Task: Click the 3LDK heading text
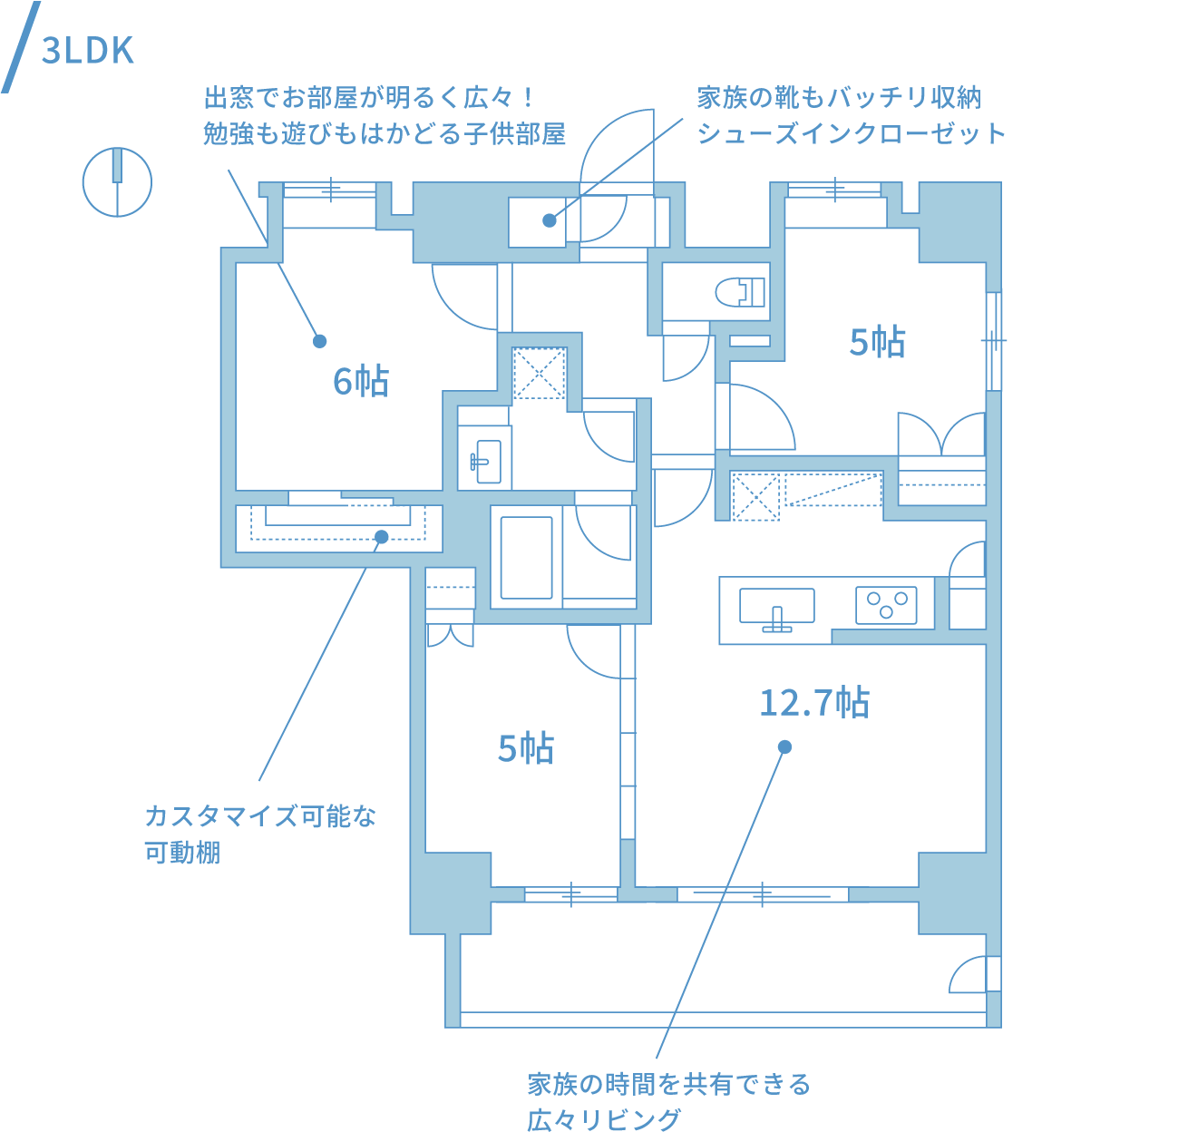click(88, 52)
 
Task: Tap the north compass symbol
click(117, 181)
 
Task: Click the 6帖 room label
click(360, 381)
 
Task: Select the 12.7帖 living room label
click(813, 703)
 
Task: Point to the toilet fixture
click(741, 291)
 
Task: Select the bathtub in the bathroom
click(526, 558)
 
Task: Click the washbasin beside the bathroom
click(486, 461)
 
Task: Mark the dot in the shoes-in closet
click(549, 220)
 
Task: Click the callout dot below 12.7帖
click(785, 747)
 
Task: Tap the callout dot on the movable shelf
click(382, 537)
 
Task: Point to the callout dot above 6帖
click(319, 341)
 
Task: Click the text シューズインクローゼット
click(852, 134)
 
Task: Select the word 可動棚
click(182, 854)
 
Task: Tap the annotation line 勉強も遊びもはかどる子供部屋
click(385, 134)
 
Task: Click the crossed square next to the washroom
click(540, 372)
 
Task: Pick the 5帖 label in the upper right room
click(877, 342)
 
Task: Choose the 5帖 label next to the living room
click(526, 749)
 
